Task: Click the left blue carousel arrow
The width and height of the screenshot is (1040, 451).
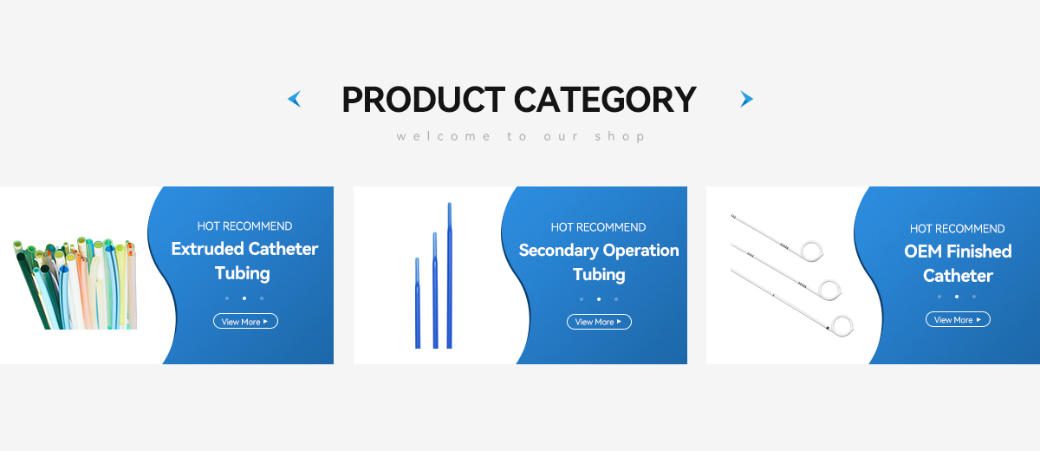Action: click(296, 99)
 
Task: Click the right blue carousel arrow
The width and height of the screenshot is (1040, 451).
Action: click(745, 99)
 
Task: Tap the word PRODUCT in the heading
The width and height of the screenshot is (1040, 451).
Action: click(424, 100)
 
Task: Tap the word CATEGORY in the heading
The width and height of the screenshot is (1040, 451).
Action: click(605, 100)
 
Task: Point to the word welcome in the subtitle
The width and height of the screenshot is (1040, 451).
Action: click(444, 136)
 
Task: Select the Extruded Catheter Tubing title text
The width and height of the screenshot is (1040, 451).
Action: click(244, 260)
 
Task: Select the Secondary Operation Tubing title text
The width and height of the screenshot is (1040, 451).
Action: click(599, 262)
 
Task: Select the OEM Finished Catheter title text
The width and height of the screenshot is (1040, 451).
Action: click(958, 264)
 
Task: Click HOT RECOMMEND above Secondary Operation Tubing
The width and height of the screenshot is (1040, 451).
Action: click(598, 227)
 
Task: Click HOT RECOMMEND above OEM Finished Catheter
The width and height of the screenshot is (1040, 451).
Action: click(957, 228)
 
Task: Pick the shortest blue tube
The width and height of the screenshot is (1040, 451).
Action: click(418, 303)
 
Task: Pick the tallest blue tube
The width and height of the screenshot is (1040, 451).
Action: click(450, 276)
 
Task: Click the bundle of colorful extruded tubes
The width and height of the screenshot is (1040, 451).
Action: click(75, 284)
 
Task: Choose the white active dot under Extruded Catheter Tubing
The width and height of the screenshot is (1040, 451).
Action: click(244, 298)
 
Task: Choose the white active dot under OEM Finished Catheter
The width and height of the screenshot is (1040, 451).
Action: click(957, 297)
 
